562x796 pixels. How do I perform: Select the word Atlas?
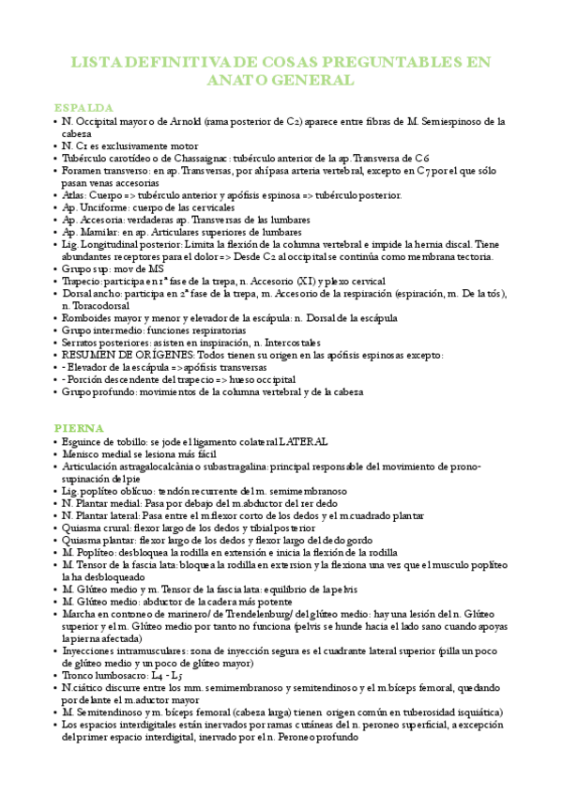(75, 195)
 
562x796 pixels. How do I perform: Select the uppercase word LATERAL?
(302, 441)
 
